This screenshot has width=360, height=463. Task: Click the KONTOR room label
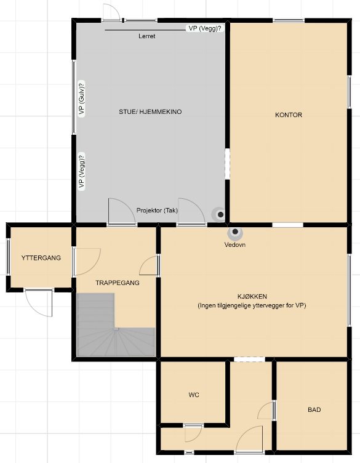tap(288, 115)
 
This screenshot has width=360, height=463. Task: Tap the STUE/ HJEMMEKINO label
tap(150, 111)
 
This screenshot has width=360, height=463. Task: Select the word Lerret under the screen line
tap(146, 36)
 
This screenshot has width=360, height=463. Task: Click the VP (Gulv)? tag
tap(81, 99)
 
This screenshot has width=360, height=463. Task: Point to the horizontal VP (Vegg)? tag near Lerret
tap(205, 28)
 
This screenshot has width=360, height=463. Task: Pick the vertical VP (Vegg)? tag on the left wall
tap(81, 171)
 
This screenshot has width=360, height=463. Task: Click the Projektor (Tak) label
tap(157, 211)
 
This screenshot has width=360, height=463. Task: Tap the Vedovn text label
tap(235, 244)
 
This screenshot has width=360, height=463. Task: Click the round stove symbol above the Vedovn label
tap(235, 232)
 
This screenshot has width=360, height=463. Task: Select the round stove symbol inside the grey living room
tap(220, 215)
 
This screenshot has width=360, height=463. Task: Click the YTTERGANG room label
tap(41, 258)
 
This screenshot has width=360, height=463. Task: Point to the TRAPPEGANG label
tap(118, 283)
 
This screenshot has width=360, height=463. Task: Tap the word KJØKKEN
tap(252, 297)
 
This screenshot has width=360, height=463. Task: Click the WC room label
tap(194, 395)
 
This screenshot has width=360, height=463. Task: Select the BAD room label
tap(314, 409)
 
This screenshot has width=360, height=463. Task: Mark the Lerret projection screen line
tap(145, 30)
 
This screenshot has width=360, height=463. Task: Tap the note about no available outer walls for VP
tap(252, 305)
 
